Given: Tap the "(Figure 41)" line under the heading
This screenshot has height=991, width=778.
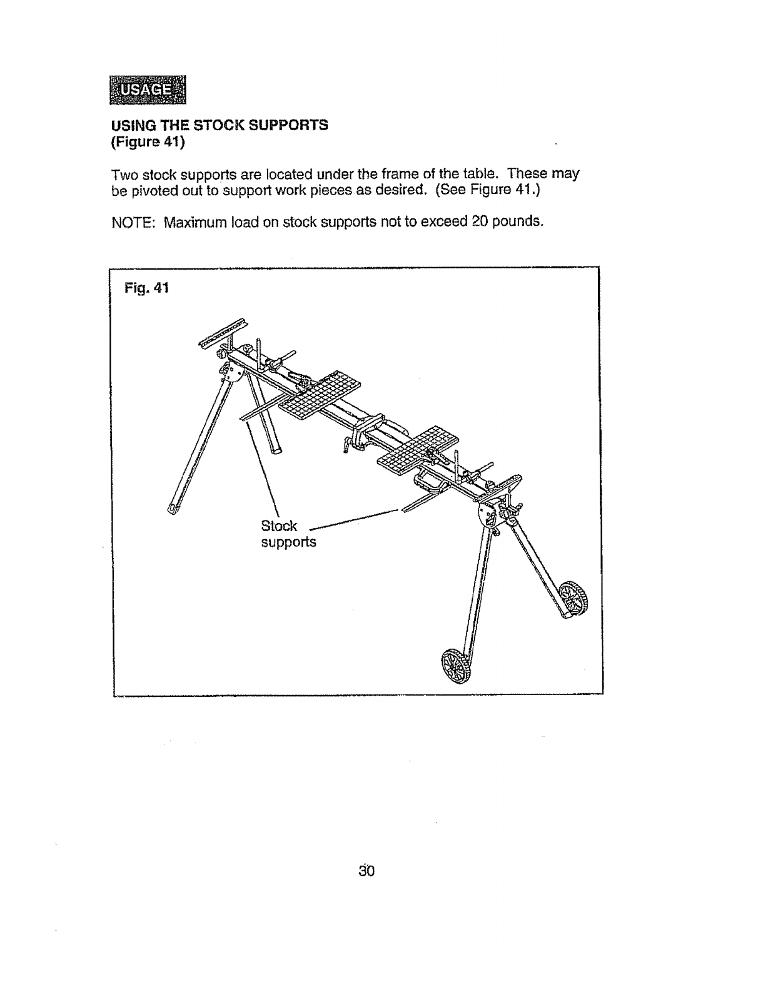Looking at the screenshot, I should point(148,142).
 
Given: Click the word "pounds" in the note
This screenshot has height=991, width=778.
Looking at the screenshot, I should point(517,221).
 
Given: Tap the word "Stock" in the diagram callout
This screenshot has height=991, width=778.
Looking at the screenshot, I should point(279,526).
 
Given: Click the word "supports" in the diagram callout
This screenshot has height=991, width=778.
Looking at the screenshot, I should point(288,542).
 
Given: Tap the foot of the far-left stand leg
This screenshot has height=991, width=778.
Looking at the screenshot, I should point(173,506).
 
